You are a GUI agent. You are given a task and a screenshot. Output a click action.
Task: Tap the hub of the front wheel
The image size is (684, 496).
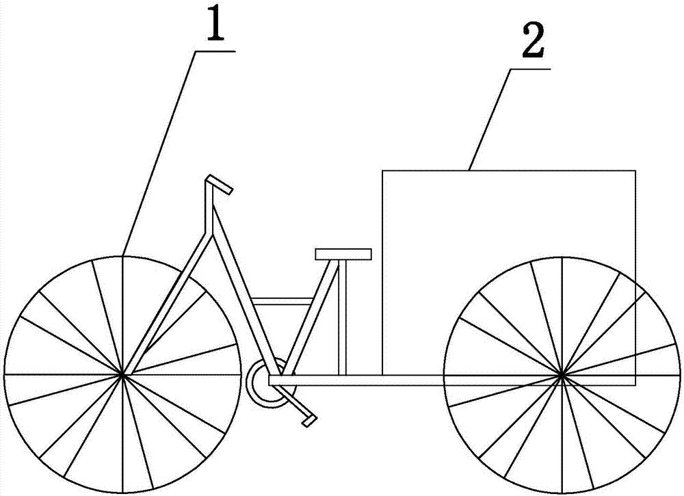coord(122,374)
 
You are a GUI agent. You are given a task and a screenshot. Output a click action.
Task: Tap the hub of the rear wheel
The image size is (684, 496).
coord(562,374)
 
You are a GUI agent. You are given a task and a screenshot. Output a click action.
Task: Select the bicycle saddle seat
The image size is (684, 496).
coord(343,254)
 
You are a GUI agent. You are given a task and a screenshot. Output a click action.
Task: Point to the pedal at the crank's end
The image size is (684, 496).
coord(310,419)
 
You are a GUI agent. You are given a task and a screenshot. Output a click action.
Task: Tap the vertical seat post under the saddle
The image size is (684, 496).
coord(343,315)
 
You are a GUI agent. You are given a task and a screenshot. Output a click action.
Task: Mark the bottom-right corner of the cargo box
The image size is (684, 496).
coord(635,385)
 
